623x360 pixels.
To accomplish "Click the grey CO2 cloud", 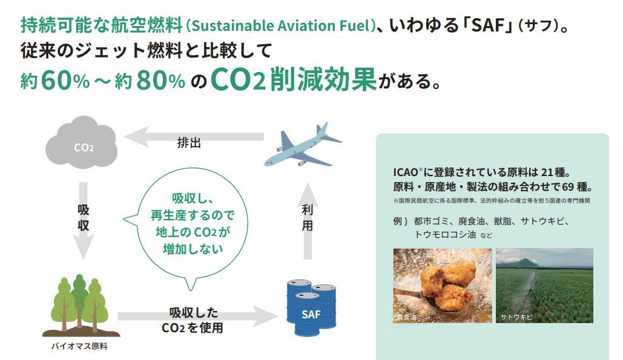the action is [82, 142].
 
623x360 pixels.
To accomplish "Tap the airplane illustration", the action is [303, 145].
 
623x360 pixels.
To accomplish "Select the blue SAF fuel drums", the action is [311, 307].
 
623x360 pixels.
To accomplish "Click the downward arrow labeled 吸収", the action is [83, 221].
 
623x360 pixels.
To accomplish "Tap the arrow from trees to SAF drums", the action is [197, 316].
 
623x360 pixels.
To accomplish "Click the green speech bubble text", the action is [193, 223].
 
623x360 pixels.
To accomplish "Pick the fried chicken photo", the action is [443, 286].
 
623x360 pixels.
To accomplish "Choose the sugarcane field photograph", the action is [544, 286].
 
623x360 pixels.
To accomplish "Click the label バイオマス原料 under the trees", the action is [79, 347].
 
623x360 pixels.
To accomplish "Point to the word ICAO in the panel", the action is [405, 172].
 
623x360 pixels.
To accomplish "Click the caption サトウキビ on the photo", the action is [516, 317].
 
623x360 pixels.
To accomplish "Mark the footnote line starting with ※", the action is [492, 201].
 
